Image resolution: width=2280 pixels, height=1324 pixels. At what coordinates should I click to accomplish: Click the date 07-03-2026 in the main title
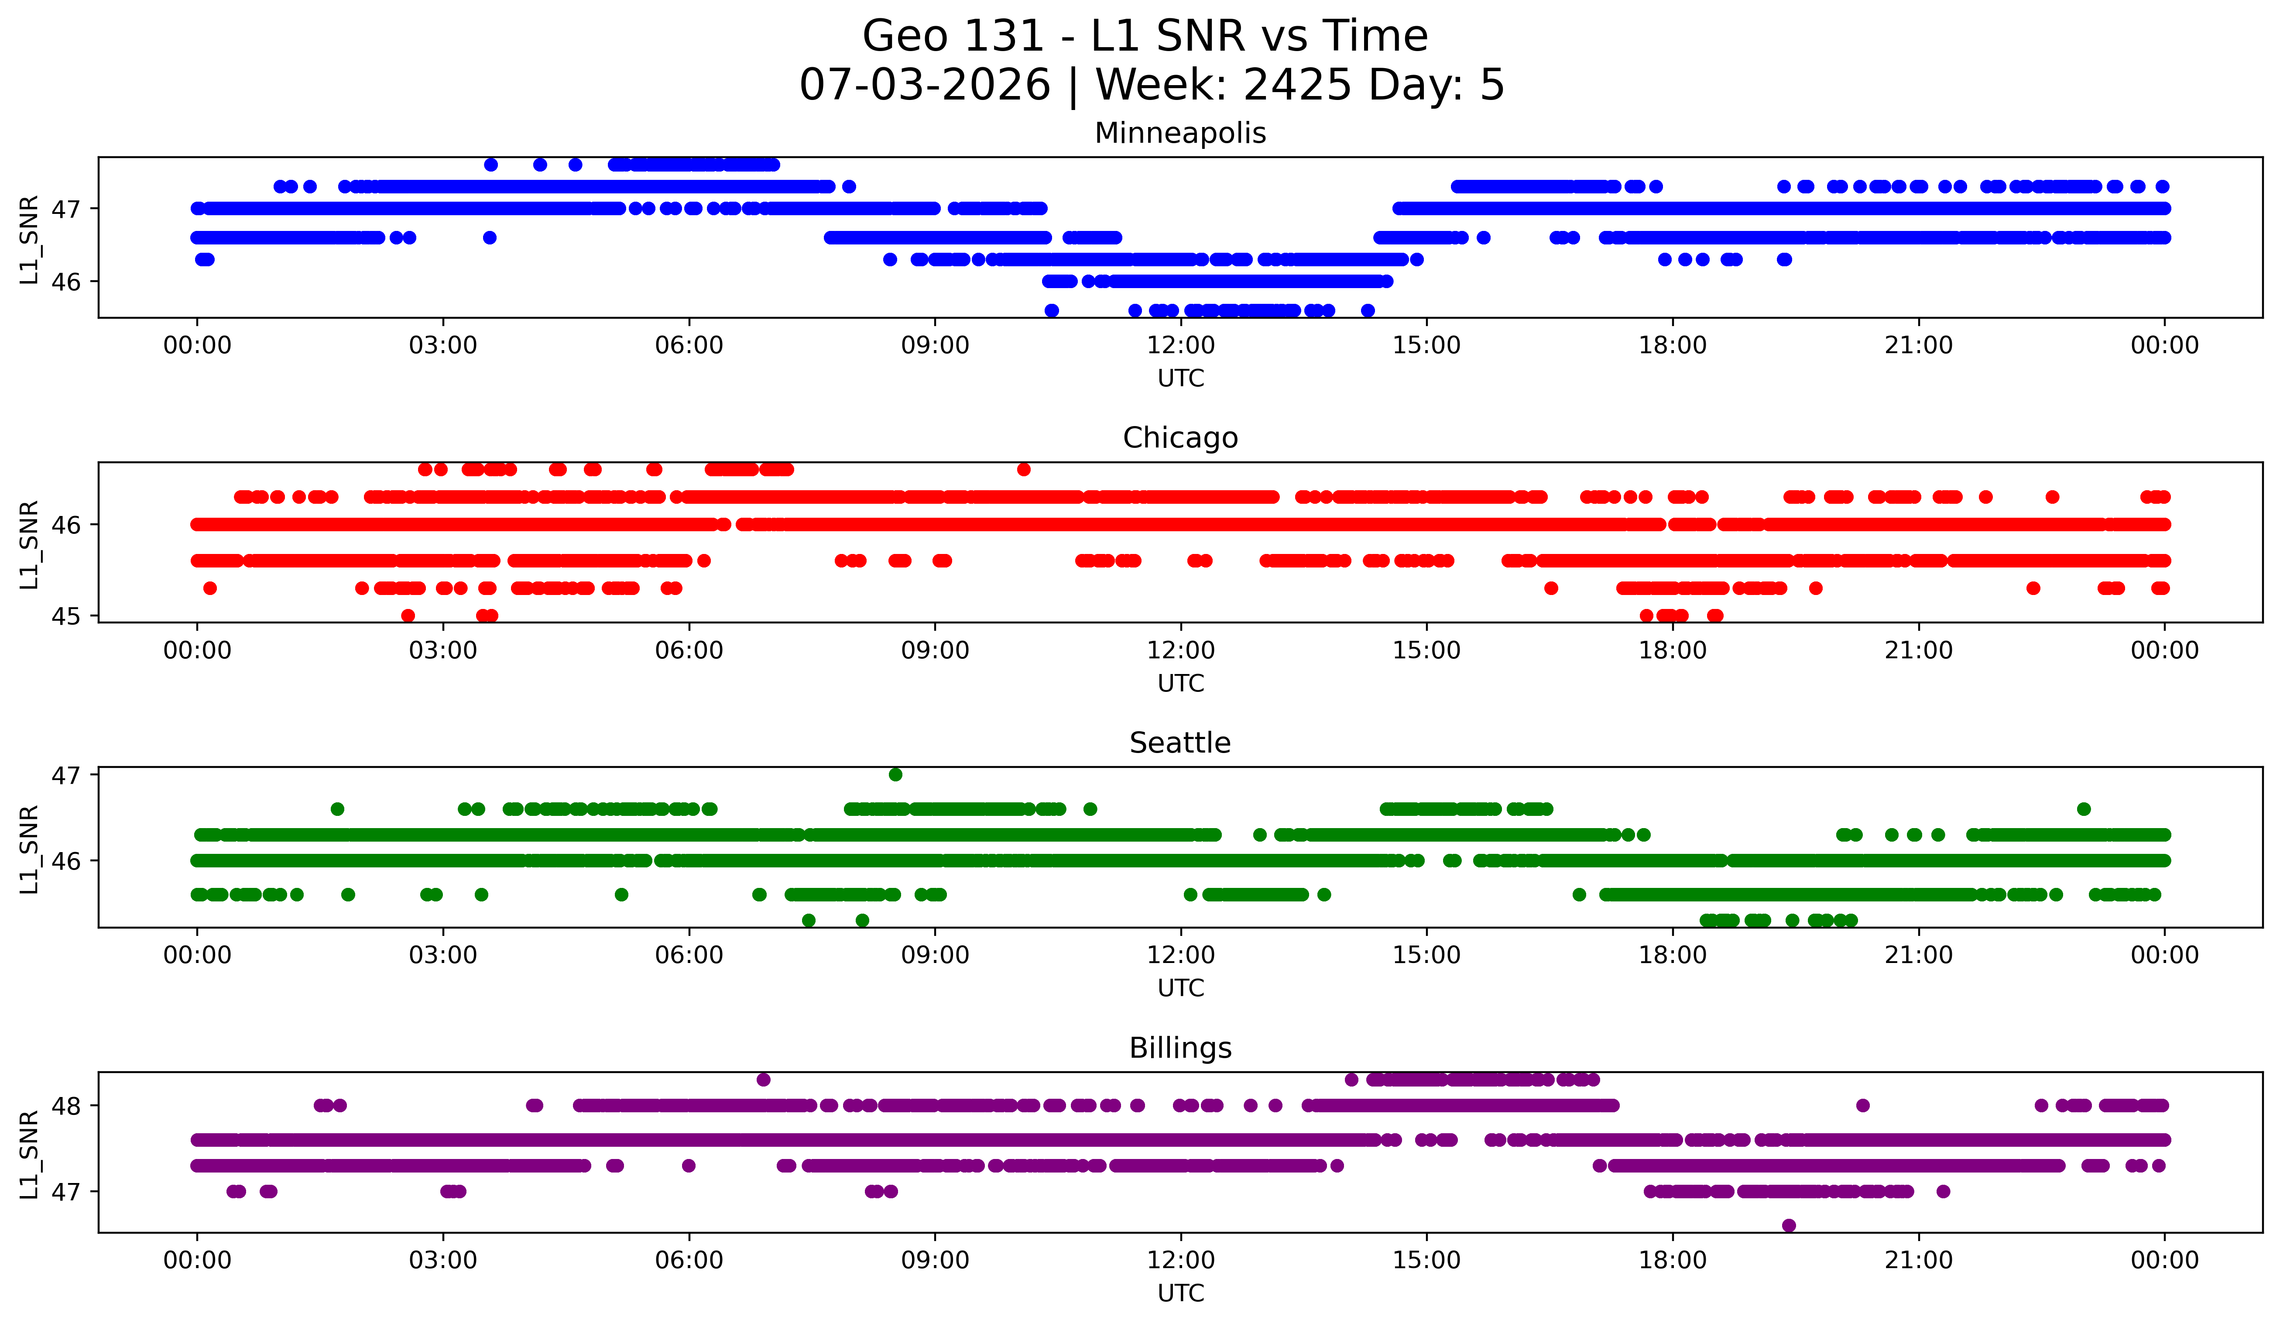click(x=925, y=85)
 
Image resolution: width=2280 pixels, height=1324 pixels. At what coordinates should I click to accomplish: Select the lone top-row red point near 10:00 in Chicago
click(x=1023, y=469)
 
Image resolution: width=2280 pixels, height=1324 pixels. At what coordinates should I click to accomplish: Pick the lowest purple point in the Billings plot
click(x=1789, y=1225)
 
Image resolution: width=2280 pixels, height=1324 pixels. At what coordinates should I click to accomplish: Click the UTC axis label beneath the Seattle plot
click(x=1181, y=988)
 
